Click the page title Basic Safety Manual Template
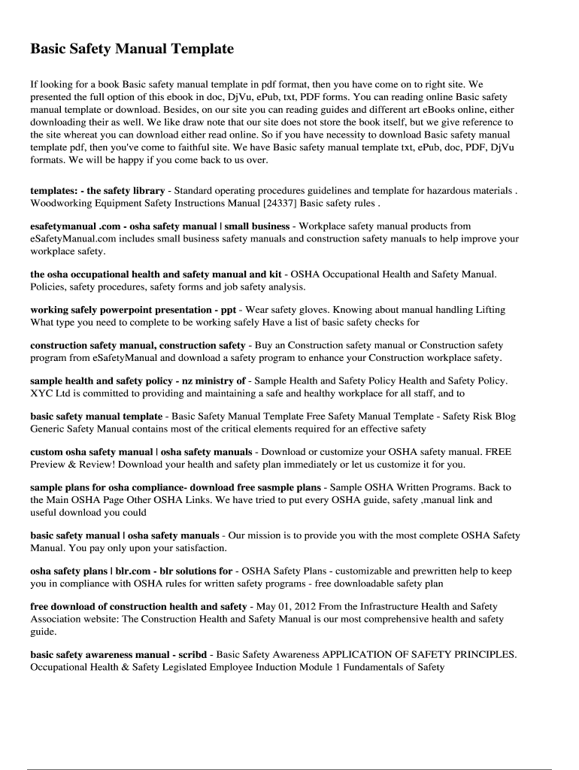[132, 49]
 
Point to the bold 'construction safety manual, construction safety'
[138, 345]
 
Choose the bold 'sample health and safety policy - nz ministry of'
[138, 380]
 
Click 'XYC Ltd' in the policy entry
[50, 393]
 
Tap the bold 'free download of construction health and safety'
[138, 606]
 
